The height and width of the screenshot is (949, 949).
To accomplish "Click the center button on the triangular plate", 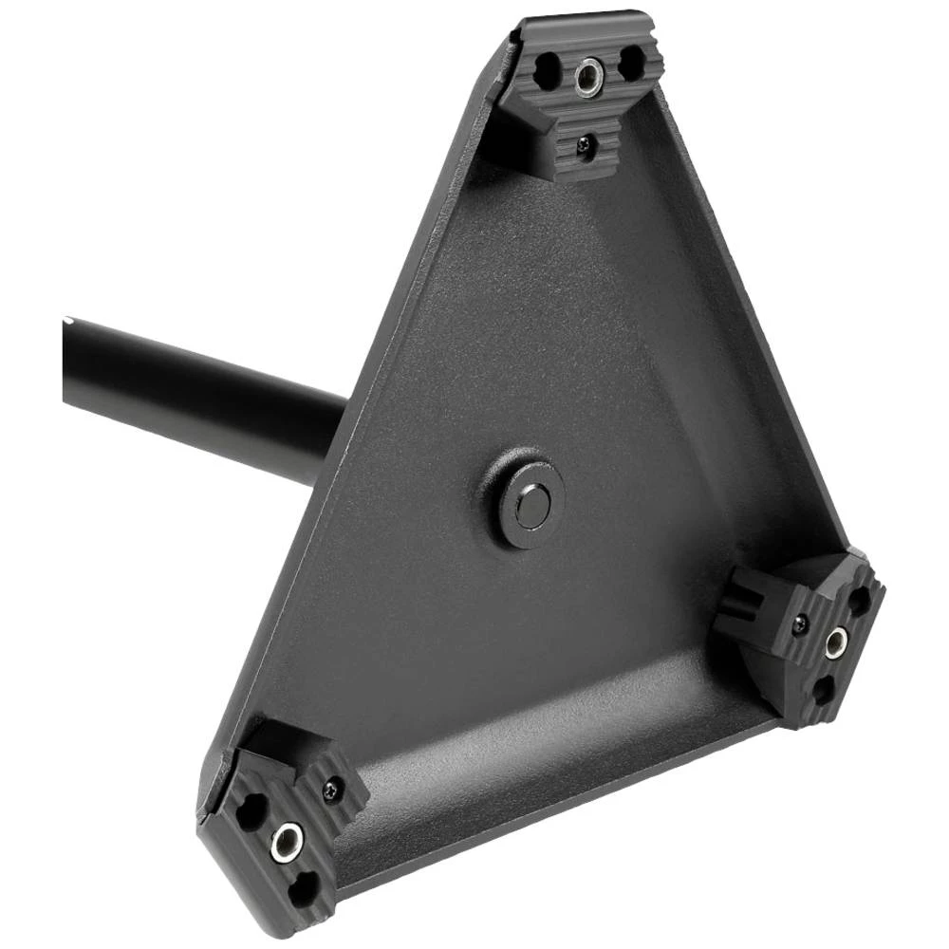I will (530, 503).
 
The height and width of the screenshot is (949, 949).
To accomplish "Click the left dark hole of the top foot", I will (549, 69).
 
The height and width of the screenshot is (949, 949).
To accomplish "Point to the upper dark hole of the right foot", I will (859, 600).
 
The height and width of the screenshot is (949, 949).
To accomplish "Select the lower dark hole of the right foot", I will (822, 691).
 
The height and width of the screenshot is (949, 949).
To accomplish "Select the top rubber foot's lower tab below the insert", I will (579, 152).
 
